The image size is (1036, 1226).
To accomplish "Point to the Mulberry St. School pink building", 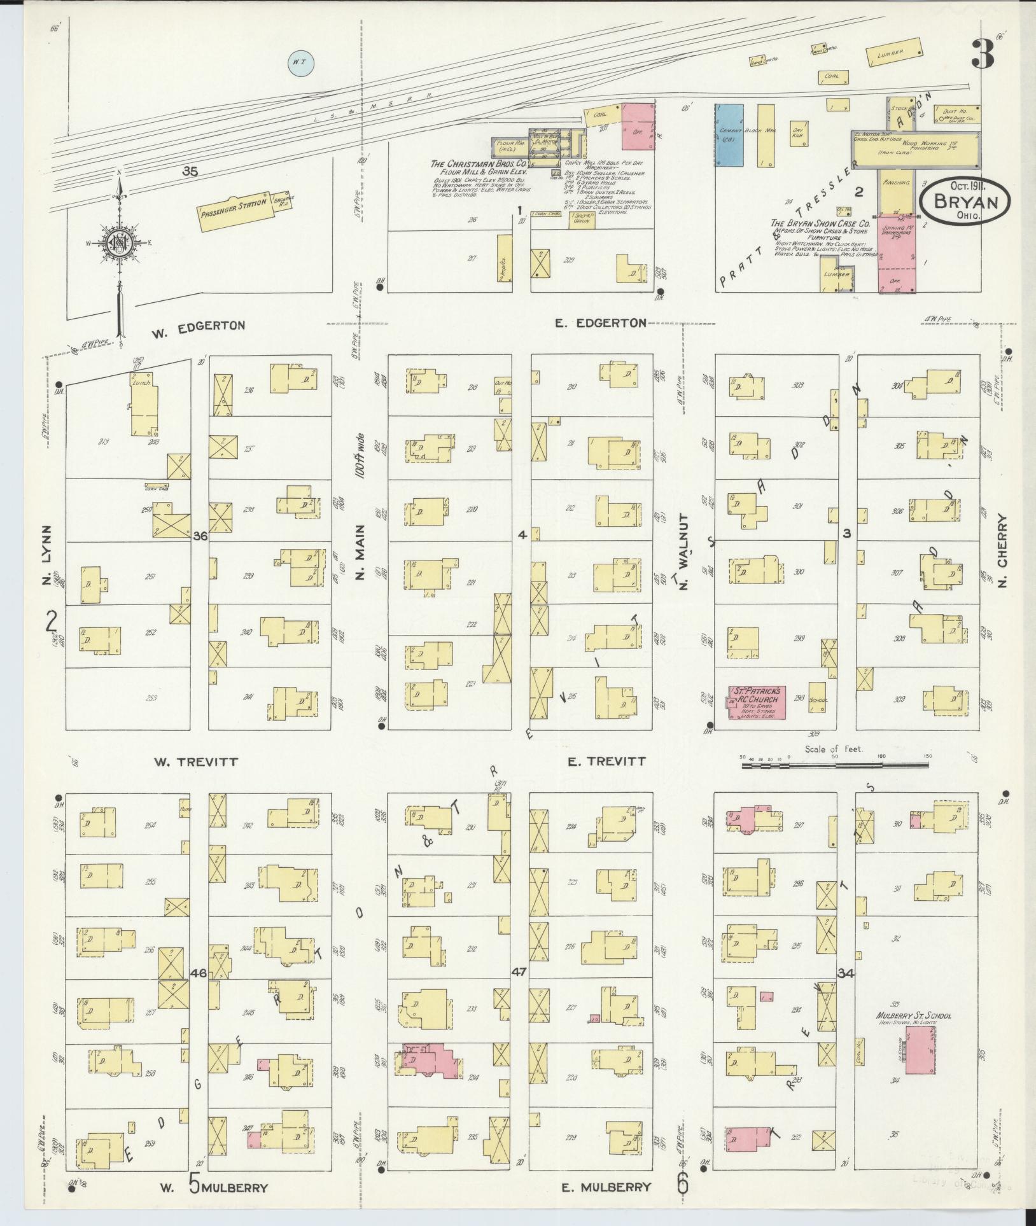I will click(x=920, y=1047).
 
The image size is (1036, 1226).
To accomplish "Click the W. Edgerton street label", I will click(x=198, y=326).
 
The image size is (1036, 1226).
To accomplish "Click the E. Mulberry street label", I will click(x=607, y=1187).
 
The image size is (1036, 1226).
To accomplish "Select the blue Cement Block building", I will click(x=729, y=136).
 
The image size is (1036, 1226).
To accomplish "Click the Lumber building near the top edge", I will click(x=895, y=52).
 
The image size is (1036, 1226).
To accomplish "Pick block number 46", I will click(x=198, y=991).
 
